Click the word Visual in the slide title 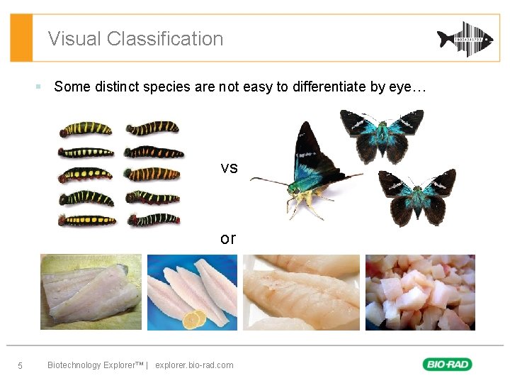point(74,39)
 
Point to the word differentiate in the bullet point(329,87)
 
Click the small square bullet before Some point(40,87)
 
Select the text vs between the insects point(229,168)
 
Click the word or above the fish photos point(227,238)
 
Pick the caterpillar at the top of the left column point(85,129)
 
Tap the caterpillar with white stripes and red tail point(154,219)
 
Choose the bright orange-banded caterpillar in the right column point(154,174)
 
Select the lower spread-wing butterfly point(417,195)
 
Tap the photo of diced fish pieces point(419,292)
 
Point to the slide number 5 point(20,366)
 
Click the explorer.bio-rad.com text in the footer point(194,365)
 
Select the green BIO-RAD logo point(447,365)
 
